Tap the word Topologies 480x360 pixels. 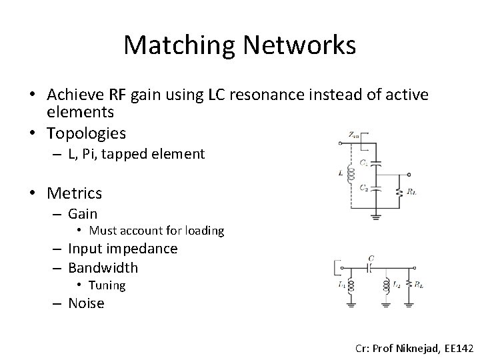tap(87, 133)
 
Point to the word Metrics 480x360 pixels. tap(75, 193)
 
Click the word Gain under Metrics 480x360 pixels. tap(83, 213)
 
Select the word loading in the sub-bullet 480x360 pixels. tap(201, 231)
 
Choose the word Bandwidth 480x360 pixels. tap(103, 267)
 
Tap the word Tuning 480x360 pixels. tap(107, 285)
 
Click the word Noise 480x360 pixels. tap(87, 303)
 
